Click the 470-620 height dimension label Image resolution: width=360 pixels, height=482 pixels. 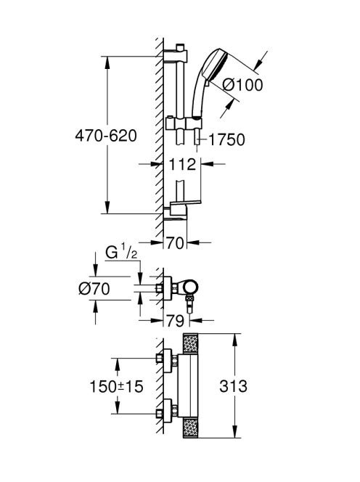pos(106,136)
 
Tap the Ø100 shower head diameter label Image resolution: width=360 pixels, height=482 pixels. pos(243,85)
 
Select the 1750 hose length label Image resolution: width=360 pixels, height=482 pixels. pos(227,139)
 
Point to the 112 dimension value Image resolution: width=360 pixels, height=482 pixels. pos(182,165)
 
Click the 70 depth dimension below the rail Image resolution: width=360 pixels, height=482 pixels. pos(175,243)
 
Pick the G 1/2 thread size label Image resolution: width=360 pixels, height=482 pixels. pos(121,253)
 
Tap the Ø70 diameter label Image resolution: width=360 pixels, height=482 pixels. pos(94,289)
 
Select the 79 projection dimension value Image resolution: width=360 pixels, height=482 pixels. pos(175,321)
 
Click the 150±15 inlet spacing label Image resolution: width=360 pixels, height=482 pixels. pos(116,386)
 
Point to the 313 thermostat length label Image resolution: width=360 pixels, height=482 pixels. pos(233,386)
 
